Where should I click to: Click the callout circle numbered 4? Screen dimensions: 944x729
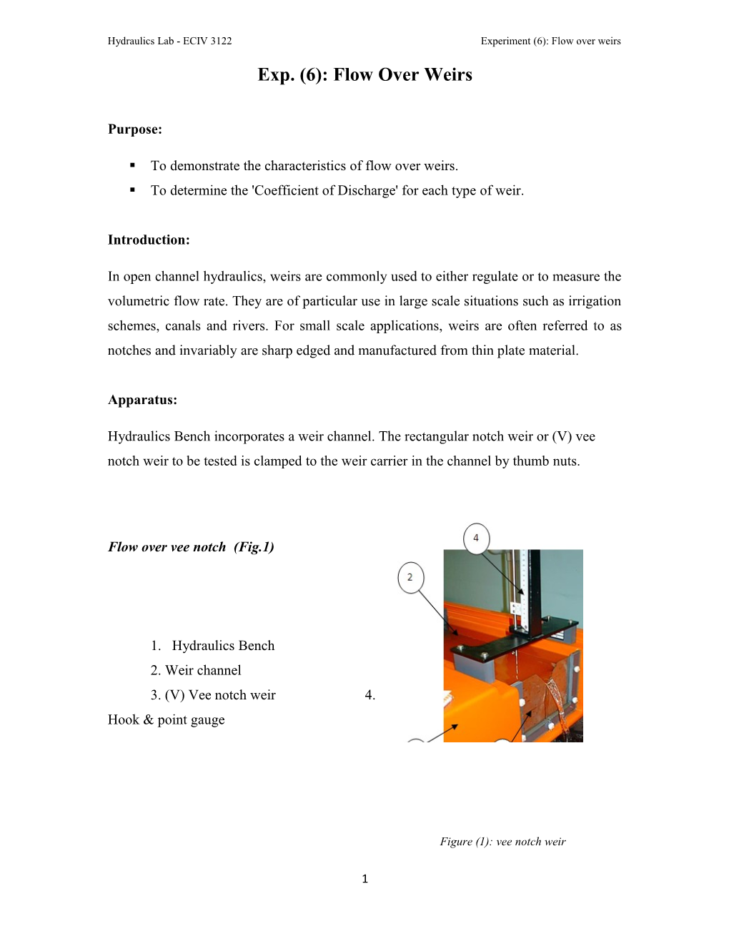point(476,538)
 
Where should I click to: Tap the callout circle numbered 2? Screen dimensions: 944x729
point(410,577)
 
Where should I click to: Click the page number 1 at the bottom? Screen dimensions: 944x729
point(364,879)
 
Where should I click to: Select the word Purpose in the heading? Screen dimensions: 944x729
point(134,129)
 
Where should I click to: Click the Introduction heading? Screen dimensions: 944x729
point(149,240)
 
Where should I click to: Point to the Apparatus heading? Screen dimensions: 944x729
point(142,400)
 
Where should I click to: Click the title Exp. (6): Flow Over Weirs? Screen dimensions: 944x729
point(364,75)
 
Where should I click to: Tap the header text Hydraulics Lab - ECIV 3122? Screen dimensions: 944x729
point(169,41)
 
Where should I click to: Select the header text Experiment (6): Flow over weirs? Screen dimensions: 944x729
point(550,41)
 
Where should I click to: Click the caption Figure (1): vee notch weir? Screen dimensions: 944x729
point(502,842)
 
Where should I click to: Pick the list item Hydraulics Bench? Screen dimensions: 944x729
point(222,646)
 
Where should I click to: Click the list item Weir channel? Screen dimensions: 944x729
point(203,671)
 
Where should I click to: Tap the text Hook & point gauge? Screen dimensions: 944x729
point(166,720)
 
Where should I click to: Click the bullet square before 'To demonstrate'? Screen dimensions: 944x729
point(133,165)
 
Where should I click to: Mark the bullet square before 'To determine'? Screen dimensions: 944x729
point(133,190)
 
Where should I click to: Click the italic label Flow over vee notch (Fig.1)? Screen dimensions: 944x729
point(191,547)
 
